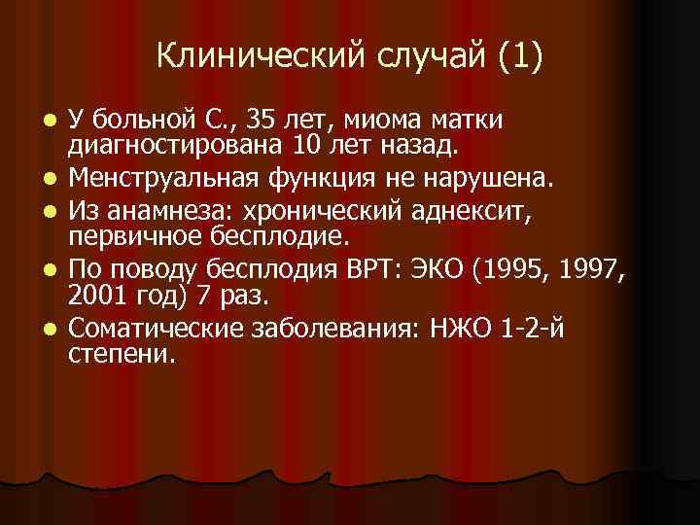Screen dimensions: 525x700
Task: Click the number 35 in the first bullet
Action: coord(263,121)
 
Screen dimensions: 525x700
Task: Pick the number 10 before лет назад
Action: coord(296,146)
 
